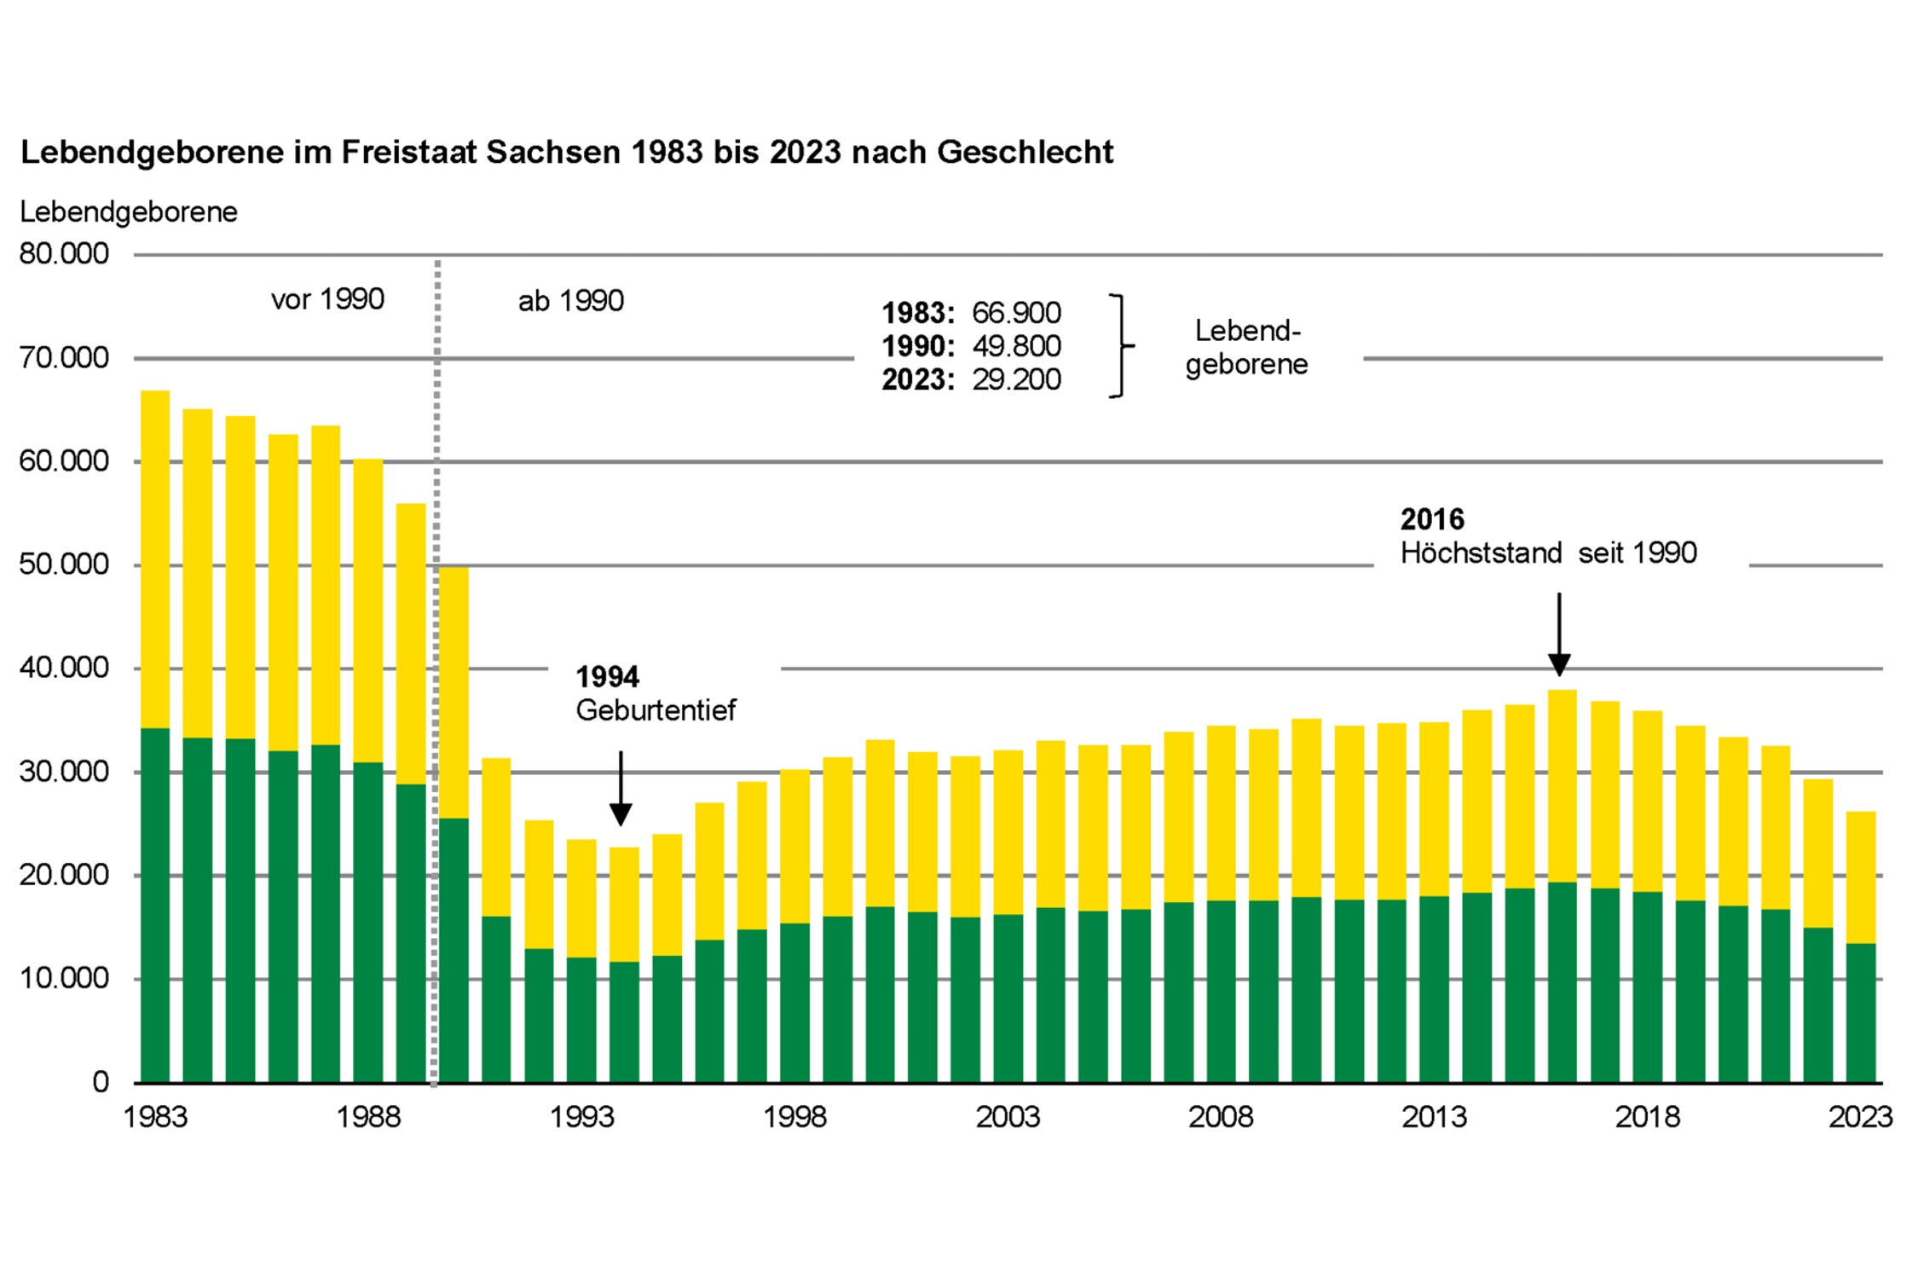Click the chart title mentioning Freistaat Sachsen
coord(567,153)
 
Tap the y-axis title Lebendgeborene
coord(129,212)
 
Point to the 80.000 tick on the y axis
coord(64,254)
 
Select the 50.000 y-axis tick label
coord(64,564)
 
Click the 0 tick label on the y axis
coord(101,1082)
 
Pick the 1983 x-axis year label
coord(155,1117)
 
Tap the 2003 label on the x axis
coord(1008,1117)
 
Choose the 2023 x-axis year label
coord(1860,1117)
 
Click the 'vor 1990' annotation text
coord(327,299)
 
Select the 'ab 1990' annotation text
coord(571,301)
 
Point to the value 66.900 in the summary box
coord(1016,313)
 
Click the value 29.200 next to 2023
coord(1016,379)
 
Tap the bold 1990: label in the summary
coord(917,346)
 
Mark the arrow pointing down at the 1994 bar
coord(621,789)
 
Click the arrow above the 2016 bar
coord(1559,634)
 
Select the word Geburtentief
coord(656,710)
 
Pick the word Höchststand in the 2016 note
coord(1481,553)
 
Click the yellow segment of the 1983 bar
coord(155,558)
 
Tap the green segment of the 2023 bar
coord(1860,1013)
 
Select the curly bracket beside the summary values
coord(1121,346)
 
